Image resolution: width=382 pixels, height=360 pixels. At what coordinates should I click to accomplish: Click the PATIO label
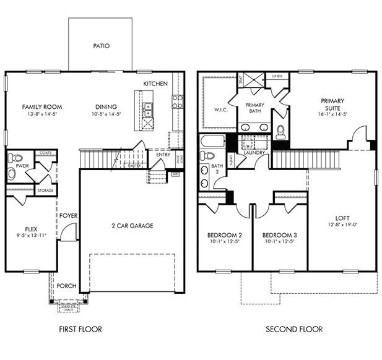(100, 46)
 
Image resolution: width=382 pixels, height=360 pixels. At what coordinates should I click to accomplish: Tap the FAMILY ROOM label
(42, 106)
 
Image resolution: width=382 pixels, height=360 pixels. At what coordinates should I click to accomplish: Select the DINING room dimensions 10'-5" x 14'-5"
(106, 114)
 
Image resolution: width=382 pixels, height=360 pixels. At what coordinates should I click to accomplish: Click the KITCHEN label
(155, 84)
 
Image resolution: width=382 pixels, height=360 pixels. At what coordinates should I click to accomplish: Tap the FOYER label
(68, 215)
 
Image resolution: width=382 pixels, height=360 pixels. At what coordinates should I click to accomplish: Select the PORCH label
(66, 286)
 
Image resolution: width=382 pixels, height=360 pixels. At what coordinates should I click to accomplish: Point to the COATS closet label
(45, 153)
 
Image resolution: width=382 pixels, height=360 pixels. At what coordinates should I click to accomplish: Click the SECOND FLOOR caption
(294, 329)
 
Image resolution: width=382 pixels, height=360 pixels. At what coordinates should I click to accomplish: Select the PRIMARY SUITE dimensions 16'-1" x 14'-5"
(332, 114)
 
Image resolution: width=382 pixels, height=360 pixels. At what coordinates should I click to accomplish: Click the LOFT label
(342, 218)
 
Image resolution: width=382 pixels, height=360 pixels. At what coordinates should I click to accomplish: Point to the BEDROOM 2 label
(224, 235)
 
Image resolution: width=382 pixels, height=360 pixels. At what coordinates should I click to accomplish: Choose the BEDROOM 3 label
(277, 235)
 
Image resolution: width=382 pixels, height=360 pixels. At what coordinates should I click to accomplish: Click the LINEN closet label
(277, 76)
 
